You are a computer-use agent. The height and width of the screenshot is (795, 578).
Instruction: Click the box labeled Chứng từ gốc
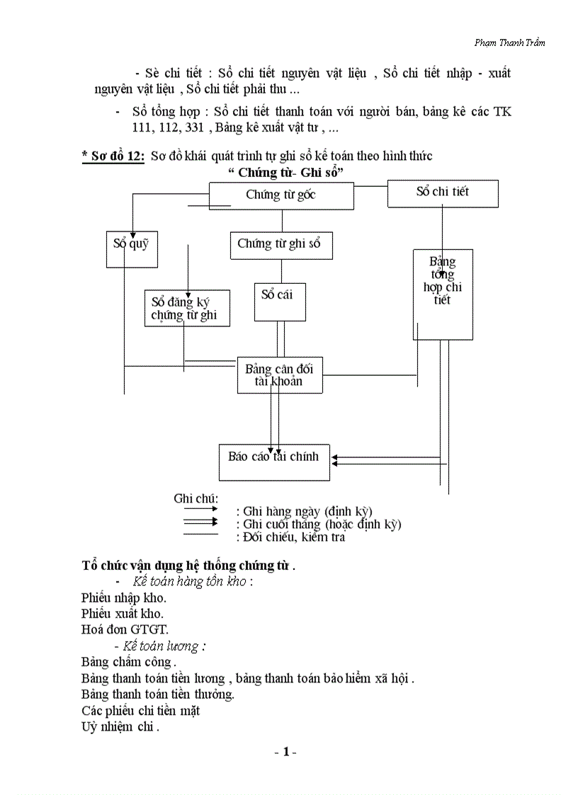281,195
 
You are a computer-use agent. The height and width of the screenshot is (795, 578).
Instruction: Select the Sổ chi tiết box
443,193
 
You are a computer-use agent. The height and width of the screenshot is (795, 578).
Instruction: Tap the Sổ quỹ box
132,249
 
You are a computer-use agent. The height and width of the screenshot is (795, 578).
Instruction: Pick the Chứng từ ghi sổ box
281,245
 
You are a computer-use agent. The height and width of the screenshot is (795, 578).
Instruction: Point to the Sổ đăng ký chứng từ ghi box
187,308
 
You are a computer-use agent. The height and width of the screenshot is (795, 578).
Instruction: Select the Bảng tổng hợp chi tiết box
443,294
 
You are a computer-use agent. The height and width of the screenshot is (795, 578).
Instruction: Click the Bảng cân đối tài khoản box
280,374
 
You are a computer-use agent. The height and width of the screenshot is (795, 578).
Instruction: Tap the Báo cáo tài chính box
274,462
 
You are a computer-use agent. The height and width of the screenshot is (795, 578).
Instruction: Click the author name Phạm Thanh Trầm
509,42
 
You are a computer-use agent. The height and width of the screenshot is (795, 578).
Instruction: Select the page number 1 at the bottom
285,752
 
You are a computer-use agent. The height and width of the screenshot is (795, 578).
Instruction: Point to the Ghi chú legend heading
196,498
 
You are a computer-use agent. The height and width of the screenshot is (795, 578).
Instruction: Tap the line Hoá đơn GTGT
125,629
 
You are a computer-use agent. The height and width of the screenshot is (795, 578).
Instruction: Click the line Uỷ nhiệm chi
120,727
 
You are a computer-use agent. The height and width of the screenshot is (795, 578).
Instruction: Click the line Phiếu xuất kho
123,613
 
